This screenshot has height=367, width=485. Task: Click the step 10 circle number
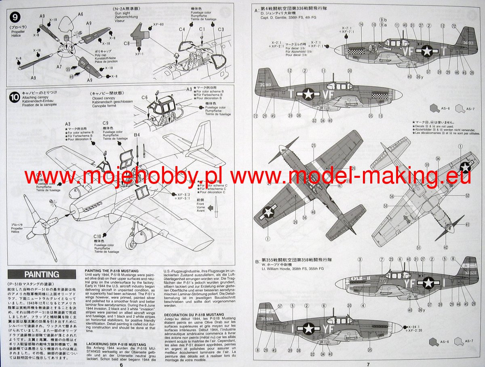(15, 97)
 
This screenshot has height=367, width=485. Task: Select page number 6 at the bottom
(121, 363)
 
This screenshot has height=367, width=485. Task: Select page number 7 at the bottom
(368, 363)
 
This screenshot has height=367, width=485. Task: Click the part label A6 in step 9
(80, 14)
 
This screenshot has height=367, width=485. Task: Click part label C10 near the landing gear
(97, 236)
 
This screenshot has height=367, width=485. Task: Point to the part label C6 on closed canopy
(144, 97)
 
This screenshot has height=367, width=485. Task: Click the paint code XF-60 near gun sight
(158, 25)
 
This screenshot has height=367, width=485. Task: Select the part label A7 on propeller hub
(59, 66)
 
